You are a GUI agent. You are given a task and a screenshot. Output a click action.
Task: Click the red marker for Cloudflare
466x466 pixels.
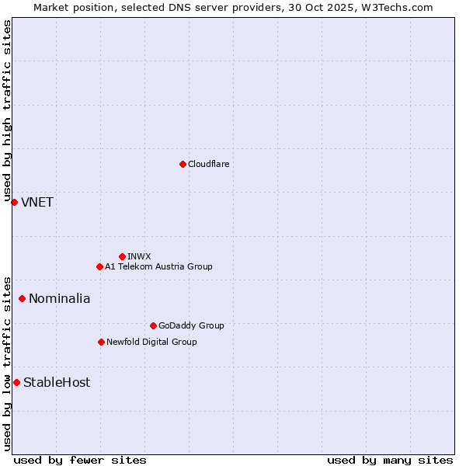pyautogui.click(x=183, y=164)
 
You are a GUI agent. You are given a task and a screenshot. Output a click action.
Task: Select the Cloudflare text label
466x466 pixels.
pyautogui.click(x=208, y=164)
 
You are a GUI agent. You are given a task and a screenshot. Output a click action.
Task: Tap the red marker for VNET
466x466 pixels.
pyautogui.click(x=14, y=202)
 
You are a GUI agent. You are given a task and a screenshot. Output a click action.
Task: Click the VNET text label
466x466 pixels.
pyautogui.click(x=37, y=203)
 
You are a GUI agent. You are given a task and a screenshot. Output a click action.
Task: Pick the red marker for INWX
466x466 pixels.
pyautogui.click(x=122, y=256)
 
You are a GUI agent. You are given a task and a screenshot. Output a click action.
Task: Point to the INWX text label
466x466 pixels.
pyautogui.click(x=139, y=256)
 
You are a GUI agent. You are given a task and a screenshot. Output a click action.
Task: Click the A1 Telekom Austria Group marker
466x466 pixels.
pyautogui.click(x=99, y=266)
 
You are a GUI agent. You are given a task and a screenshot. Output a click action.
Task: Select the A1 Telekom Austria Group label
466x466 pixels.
pyautogui.click(x=158, y=266)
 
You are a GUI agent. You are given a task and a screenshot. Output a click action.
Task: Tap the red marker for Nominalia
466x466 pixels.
pyautogui.click(x=22, y=298)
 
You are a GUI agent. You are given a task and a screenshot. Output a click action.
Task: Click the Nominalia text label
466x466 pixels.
pyautogui.click(x=60, y=299)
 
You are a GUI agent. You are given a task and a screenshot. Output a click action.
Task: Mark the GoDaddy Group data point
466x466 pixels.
pyautogui.click(x=153, y=325)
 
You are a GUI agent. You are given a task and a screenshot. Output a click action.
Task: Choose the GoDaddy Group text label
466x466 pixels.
pyautogui.click(x=191, y=325)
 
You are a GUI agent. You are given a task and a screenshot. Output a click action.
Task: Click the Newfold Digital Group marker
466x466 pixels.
pyautogui.click(x=101, y=342)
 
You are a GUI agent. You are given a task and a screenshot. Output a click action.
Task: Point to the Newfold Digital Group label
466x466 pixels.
pyautogui.click(x=151, y=342)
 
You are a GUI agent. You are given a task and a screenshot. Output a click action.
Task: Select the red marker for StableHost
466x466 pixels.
pyautogui.click(x=16, y=382)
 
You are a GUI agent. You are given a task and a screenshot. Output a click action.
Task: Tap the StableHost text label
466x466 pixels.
pyautogui.click(x=57, y=382)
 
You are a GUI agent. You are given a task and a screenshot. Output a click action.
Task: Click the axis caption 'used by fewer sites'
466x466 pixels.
pyautogui.click(x=80, y=460)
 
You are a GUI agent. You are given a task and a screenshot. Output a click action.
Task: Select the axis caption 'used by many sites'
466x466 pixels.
pyautogui.click(x=390, y=460)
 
